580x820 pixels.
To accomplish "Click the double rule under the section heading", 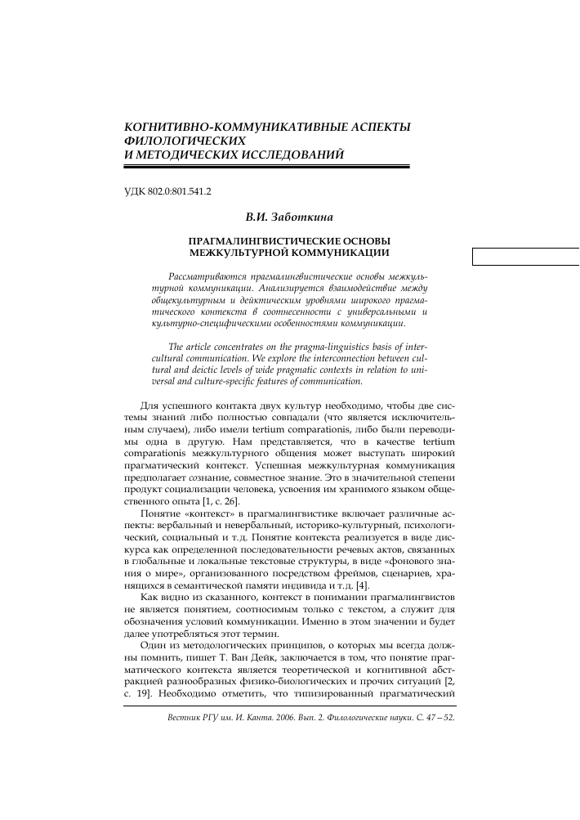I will [x=265, y=166].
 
